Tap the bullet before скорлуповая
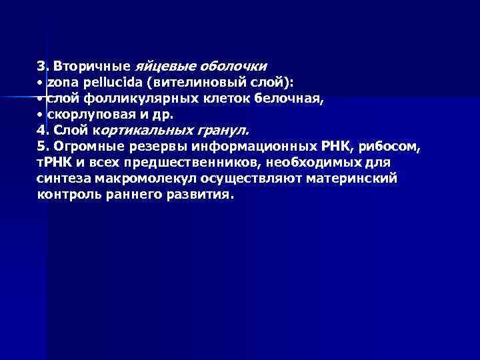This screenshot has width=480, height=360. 40,114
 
